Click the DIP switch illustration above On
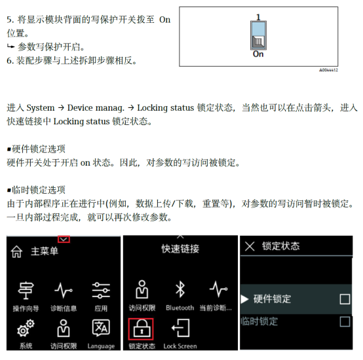(258, 35)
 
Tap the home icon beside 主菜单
(16, 251)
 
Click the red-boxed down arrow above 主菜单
(64, 240)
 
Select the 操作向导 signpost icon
(26, 291)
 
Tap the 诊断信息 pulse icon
(64, 291)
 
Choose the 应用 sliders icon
(101, 291)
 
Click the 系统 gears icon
(26, 328)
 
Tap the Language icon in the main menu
(101, 328)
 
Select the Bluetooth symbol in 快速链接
(180, 289)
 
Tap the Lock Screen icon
(181, 328)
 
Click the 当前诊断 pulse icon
(218, 289)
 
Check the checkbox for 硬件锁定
(345, 299)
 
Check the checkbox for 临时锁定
(345, 321)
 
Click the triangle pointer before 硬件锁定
(244, 299)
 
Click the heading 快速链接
(180, 249)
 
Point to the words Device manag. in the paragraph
(96, 108)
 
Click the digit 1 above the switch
(259, 17)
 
